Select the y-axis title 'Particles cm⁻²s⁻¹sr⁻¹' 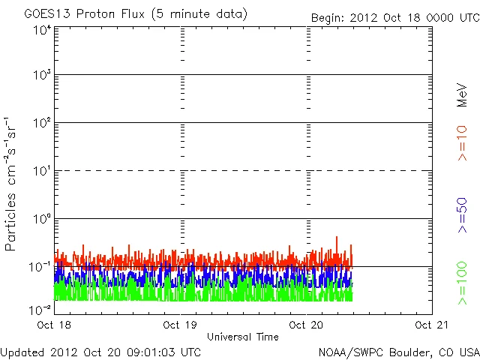click(11, 184)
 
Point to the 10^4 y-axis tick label click(41, 31)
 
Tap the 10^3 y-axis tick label click(41, 76)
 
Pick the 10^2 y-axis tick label click(41, 124)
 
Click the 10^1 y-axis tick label click(41, 172)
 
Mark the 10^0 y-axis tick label click(41, 220)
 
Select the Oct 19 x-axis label click(180, 325)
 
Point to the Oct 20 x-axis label click(307, 325)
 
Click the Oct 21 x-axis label click(433, 325)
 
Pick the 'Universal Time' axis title click(243, 337)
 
